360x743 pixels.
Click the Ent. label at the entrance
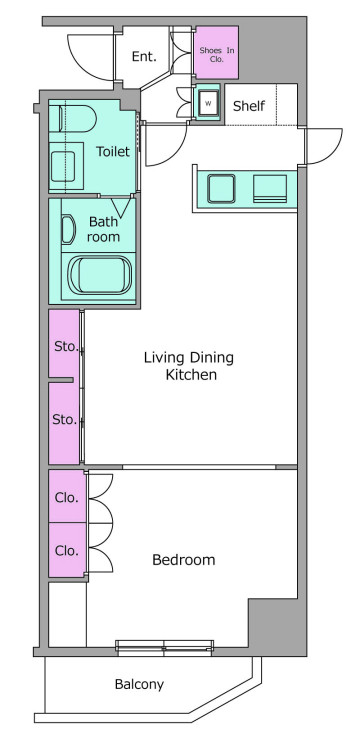coord(144,57)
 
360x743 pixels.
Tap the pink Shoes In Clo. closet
coord(216,53)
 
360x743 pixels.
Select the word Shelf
coord(249,106)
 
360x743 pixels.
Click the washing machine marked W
coord(208,103)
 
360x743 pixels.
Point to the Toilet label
coord(113,152)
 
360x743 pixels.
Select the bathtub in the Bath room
coord(99,275)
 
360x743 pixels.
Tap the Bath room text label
coord(103,229)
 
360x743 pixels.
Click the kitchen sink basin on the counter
coord(221,189)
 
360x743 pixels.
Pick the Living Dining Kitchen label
coord(189,366)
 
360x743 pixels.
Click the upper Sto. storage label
coord(65,346)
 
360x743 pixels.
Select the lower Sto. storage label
coord(64,419)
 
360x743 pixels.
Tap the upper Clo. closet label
coord(66,498)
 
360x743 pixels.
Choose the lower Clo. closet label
coord(66,551)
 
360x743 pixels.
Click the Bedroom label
coord(184,560)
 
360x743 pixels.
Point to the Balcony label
coord(139,685)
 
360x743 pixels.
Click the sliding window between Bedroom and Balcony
coord(164,647)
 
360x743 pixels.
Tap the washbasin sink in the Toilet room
coord(63,166)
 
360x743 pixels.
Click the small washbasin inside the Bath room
coord(68,230)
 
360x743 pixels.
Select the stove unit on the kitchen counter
coord(270,189)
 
